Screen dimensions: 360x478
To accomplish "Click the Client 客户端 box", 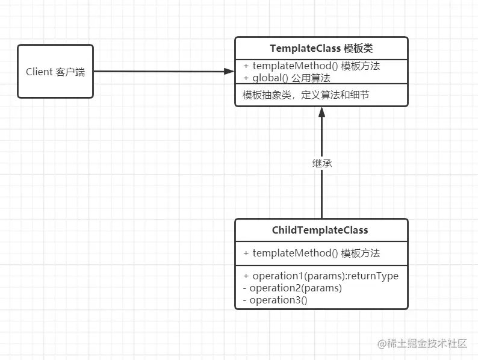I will [x=55, y=71].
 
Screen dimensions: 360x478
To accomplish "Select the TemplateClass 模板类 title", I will [x=321, y=48].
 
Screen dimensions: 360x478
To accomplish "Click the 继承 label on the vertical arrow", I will [x=321, y=163].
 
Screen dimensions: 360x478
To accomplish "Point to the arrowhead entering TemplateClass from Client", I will [x=229, y=72].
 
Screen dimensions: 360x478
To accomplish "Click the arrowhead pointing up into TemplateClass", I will [x=321, y=113].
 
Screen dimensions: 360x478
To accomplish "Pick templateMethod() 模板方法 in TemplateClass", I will [x=311, y=66].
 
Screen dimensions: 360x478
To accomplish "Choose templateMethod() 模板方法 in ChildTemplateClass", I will [x=311, y=253].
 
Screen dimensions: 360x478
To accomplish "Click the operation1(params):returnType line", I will [x=321, y=276].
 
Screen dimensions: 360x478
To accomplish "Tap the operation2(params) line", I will [x=293, y=288].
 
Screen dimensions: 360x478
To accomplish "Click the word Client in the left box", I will [x=39, y=72].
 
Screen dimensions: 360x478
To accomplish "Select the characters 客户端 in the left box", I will [x=70, y=72].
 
